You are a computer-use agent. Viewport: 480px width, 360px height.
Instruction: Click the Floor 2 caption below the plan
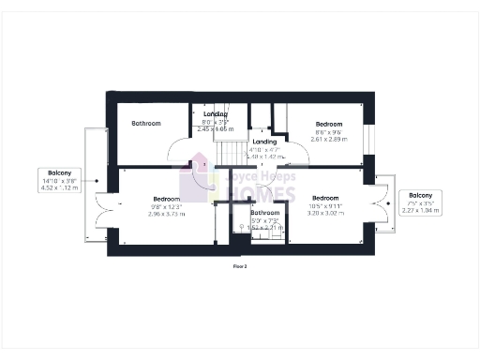pyautogui.click(x=240, y=266)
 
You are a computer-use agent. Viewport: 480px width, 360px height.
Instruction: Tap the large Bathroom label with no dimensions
pyautogui.click(x=145, y=124)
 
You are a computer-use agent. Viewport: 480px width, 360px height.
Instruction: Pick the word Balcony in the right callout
pyautogui.click(x=420, y=195)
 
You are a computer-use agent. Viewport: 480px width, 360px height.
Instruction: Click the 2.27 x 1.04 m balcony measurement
pyautogui.click(x=420, y=210)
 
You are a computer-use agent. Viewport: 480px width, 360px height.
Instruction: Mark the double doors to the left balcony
pyautogui.click(x=111, y=207)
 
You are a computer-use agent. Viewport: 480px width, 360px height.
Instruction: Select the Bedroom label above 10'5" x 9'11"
pyautogui.click(x=325, y=198)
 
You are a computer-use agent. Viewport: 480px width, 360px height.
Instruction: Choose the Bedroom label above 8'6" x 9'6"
pyautogui.click(x=329, y=124)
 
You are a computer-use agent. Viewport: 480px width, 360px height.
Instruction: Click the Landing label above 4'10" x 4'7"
pyautogui.click(x=263, y=142)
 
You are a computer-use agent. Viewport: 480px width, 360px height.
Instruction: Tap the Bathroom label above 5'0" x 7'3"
pyautogui.click(x=264, y=213)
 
